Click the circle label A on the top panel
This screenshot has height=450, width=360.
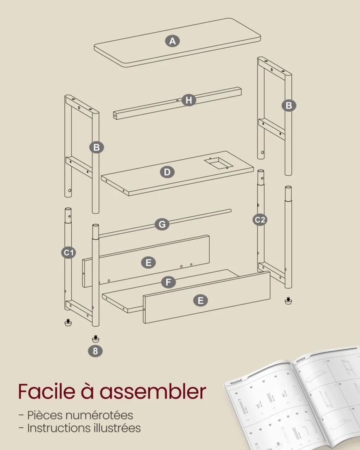172,41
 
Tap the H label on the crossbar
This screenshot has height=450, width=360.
189,100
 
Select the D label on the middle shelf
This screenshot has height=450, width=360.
167,172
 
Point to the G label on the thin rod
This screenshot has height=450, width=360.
162,224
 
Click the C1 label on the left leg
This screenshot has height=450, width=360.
68,253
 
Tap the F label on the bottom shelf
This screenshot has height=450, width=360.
168,283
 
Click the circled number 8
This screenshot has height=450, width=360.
95,351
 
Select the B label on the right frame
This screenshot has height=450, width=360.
289,106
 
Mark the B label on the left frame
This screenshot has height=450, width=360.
96,148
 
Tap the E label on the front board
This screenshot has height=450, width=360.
200,300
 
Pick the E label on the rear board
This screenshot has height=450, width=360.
148,263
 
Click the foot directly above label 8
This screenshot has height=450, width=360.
95,338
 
